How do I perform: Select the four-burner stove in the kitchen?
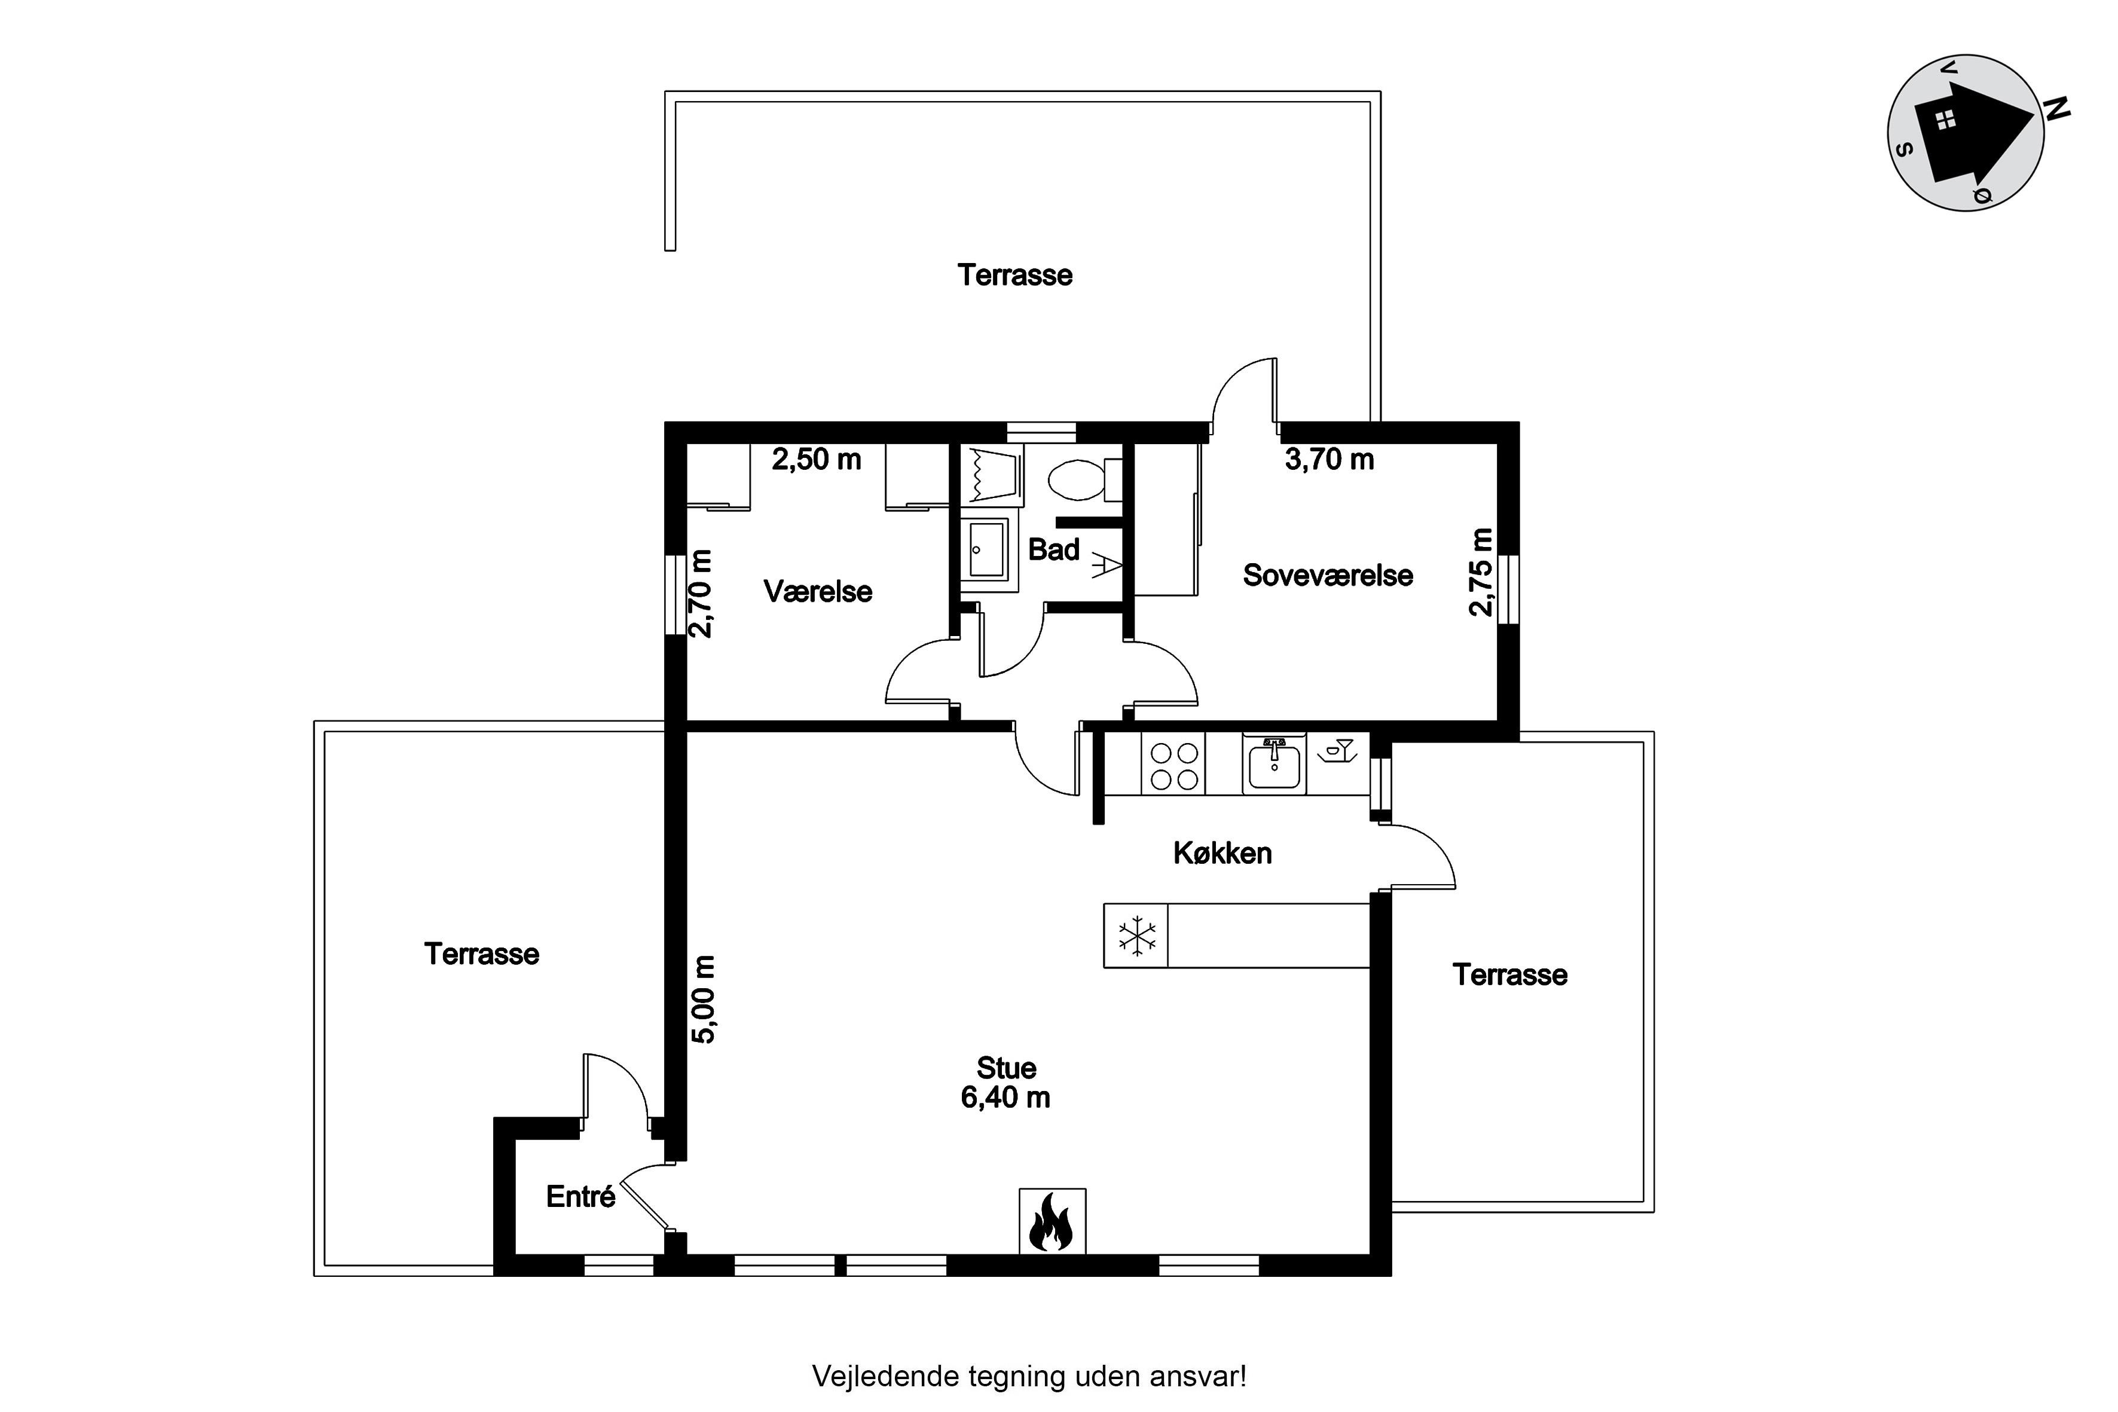point(1174,765)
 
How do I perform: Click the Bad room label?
point(1053,549)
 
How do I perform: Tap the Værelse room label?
point(818,592)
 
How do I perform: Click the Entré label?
point(581,1197)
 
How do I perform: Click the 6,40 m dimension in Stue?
point(1006,1098)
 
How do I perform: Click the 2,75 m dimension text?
point(1480,572)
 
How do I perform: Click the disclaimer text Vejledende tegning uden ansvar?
point(1029,1377)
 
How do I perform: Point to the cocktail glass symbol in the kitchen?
point(1339,750)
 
